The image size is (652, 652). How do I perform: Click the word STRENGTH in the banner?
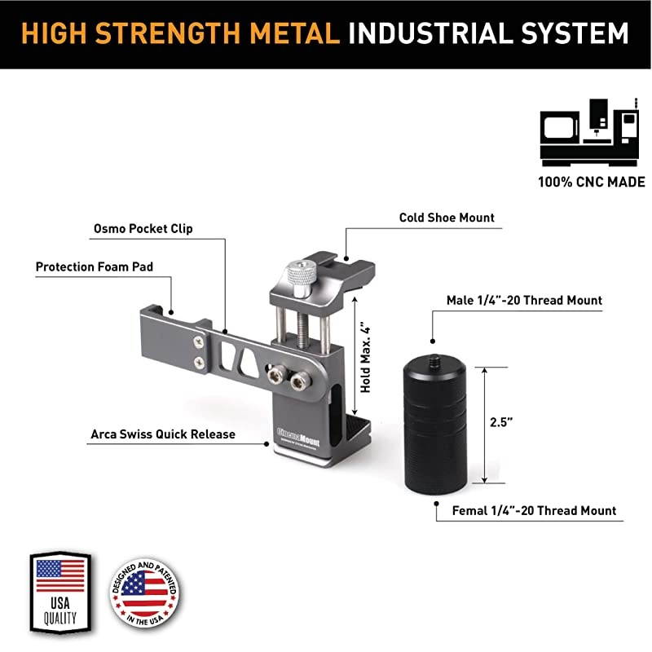[181, 33]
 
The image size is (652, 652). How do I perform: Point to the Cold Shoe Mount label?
[447, 218]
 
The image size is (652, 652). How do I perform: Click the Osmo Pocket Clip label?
[143, 228]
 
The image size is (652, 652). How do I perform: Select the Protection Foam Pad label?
[94, 267]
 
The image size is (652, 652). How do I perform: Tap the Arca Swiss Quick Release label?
[162, 434]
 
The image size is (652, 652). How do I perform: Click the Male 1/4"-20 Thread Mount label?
[525, 301]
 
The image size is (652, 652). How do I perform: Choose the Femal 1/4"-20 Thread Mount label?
[533, 511]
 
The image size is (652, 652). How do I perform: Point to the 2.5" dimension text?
[500, 423]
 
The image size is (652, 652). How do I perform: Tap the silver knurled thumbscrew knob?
[302, 277]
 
